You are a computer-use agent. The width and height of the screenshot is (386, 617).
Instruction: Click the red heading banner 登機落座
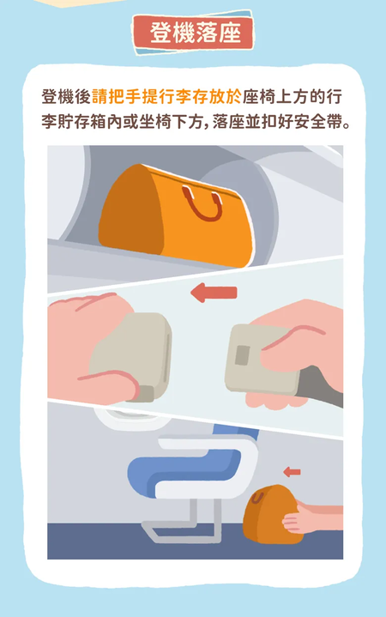tap(193, 32)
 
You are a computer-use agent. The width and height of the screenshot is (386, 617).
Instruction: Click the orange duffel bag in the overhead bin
tap(176, 215)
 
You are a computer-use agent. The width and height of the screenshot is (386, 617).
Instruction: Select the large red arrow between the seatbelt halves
tap(214, 293)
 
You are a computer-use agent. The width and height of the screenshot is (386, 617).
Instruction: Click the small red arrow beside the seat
tap(292, 471)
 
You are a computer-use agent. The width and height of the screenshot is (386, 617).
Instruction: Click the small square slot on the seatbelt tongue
tap(243, 355)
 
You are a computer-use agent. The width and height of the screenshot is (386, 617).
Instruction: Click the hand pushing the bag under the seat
tap(311, 517)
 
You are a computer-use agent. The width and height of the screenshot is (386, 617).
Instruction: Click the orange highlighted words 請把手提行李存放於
tap(166, 97)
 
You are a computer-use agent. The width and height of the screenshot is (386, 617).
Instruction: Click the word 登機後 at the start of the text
tap(66, 97)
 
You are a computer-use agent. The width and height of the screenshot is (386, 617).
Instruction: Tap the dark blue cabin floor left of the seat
tap(94, 541)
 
